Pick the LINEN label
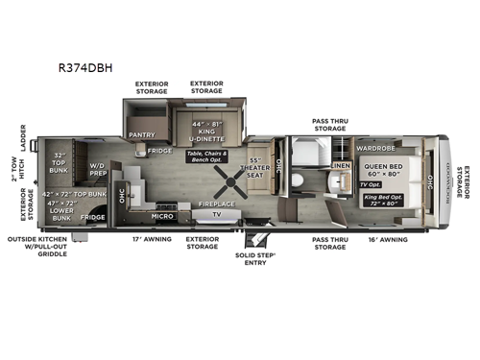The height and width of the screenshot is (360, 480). [x=341, y=166]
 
